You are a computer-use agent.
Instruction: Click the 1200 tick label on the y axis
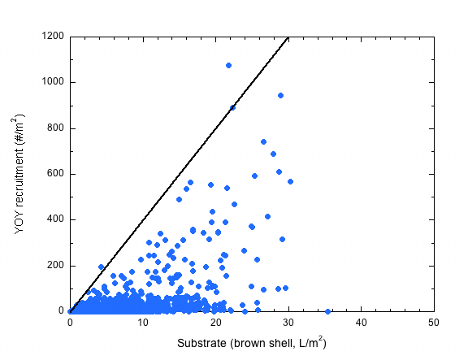coord(54,37)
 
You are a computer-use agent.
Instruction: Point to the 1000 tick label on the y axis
coord(54,82)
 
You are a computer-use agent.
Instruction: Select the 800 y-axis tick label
coord(56,128)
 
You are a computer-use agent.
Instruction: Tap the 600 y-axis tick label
coord(56,174)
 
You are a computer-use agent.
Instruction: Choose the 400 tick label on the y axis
coord(56,219)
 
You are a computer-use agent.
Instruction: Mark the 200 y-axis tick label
coord(56,266)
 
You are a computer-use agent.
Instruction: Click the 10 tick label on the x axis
coord(143,323)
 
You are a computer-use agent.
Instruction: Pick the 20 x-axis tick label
coord(215,323)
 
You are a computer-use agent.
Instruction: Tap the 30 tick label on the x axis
coord(288,323)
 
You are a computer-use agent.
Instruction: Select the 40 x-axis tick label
coord(361,323)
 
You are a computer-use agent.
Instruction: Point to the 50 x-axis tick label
coord(434,323)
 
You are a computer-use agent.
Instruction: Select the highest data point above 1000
coord(228,65)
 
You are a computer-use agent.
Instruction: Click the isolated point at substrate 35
coord(327,311)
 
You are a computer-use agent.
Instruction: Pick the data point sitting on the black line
coord(232,107)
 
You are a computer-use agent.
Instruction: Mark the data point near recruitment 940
coord(280,95)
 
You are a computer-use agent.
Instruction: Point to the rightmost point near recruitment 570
coord(290,181)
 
